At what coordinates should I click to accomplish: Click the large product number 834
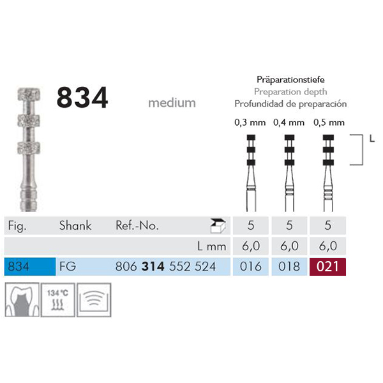click(83, 98)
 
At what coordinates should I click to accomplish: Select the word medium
click(172, 102)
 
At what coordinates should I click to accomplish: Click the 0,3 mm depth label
click(250, 122)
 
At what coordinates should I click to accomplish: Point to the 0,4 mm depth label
click(286, 122)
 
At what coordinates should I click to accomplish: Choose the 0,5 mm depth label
click(327, 122)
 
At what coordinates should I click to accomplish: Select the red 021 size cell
click(327, 266)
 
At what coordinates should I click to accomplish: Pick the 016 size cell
click(250, 266)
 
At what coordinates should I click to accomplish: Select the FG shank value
click(67, 266)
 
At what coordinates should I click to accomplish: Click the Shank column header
click(75, 225)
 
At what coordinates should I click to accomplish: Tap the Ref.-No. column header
click(137, 225)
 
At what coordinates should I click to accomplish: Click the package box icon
click(218, 224)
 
